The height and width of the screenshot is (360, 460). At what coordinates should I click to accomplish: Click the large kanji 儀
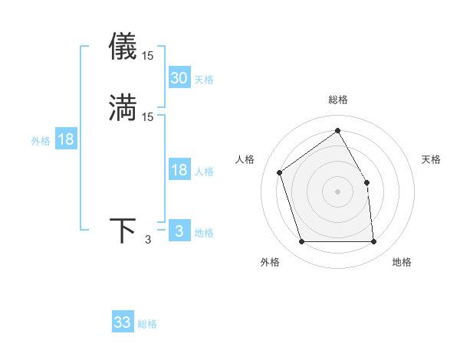point(123,47)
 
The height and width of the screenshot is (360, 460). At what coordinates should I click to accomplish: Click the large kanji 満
point(123,106)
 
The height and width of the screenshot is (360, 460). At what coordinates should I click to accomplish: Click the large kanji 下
point(123,231)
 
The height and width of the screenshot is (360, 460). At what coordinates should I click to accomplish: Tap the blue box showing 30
point(179,78)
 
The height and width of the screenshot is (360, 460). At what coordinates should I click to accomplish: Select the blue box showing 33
point(122,322)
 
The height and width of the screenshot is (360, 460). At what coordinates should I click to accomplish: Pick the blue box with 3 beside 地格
point(179,231)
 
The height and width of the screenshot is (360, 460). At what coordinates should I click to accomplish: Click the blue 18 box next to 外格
point(65,139)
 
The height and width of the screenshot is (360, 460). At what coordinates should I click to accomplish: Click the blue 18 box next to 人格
point(179,170)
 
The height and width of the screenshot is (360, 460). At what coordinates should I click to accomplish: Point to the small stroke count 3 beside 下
point(148,240)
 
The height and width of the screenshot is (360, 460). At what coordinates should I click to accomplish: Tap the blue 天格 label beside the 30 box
point(203,80)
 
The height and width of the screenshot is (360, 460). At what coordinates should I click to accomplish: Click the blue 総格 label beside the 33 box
point(147,324)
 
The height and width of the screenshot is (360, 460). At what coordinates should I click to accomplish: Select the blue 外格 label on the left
point(41,141)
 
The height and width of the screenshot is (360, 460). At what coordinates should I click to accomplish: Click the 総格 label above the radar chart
point(337,100)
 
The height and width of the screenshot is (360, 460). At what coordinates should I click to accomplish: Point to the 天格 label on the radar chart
point(432,159)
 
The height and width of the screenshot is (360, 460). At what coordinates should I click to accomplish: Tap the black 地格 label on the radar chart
point(402,262)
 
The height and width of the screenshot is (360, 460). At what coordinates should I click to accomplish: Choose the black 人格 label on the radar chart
point(245,159)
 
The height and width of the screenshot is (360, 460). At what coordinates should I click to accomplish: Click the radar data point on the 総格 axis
point(337,130)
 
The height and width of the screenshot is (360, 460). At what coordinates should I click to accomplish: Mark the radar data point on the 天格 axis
point(366,182)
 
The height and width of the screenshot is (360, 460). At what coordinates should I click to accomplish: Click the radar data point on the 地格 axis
point(373,242)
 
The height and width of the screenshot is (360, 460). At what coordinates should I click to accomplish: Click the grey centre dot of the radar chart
point(337,191)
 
